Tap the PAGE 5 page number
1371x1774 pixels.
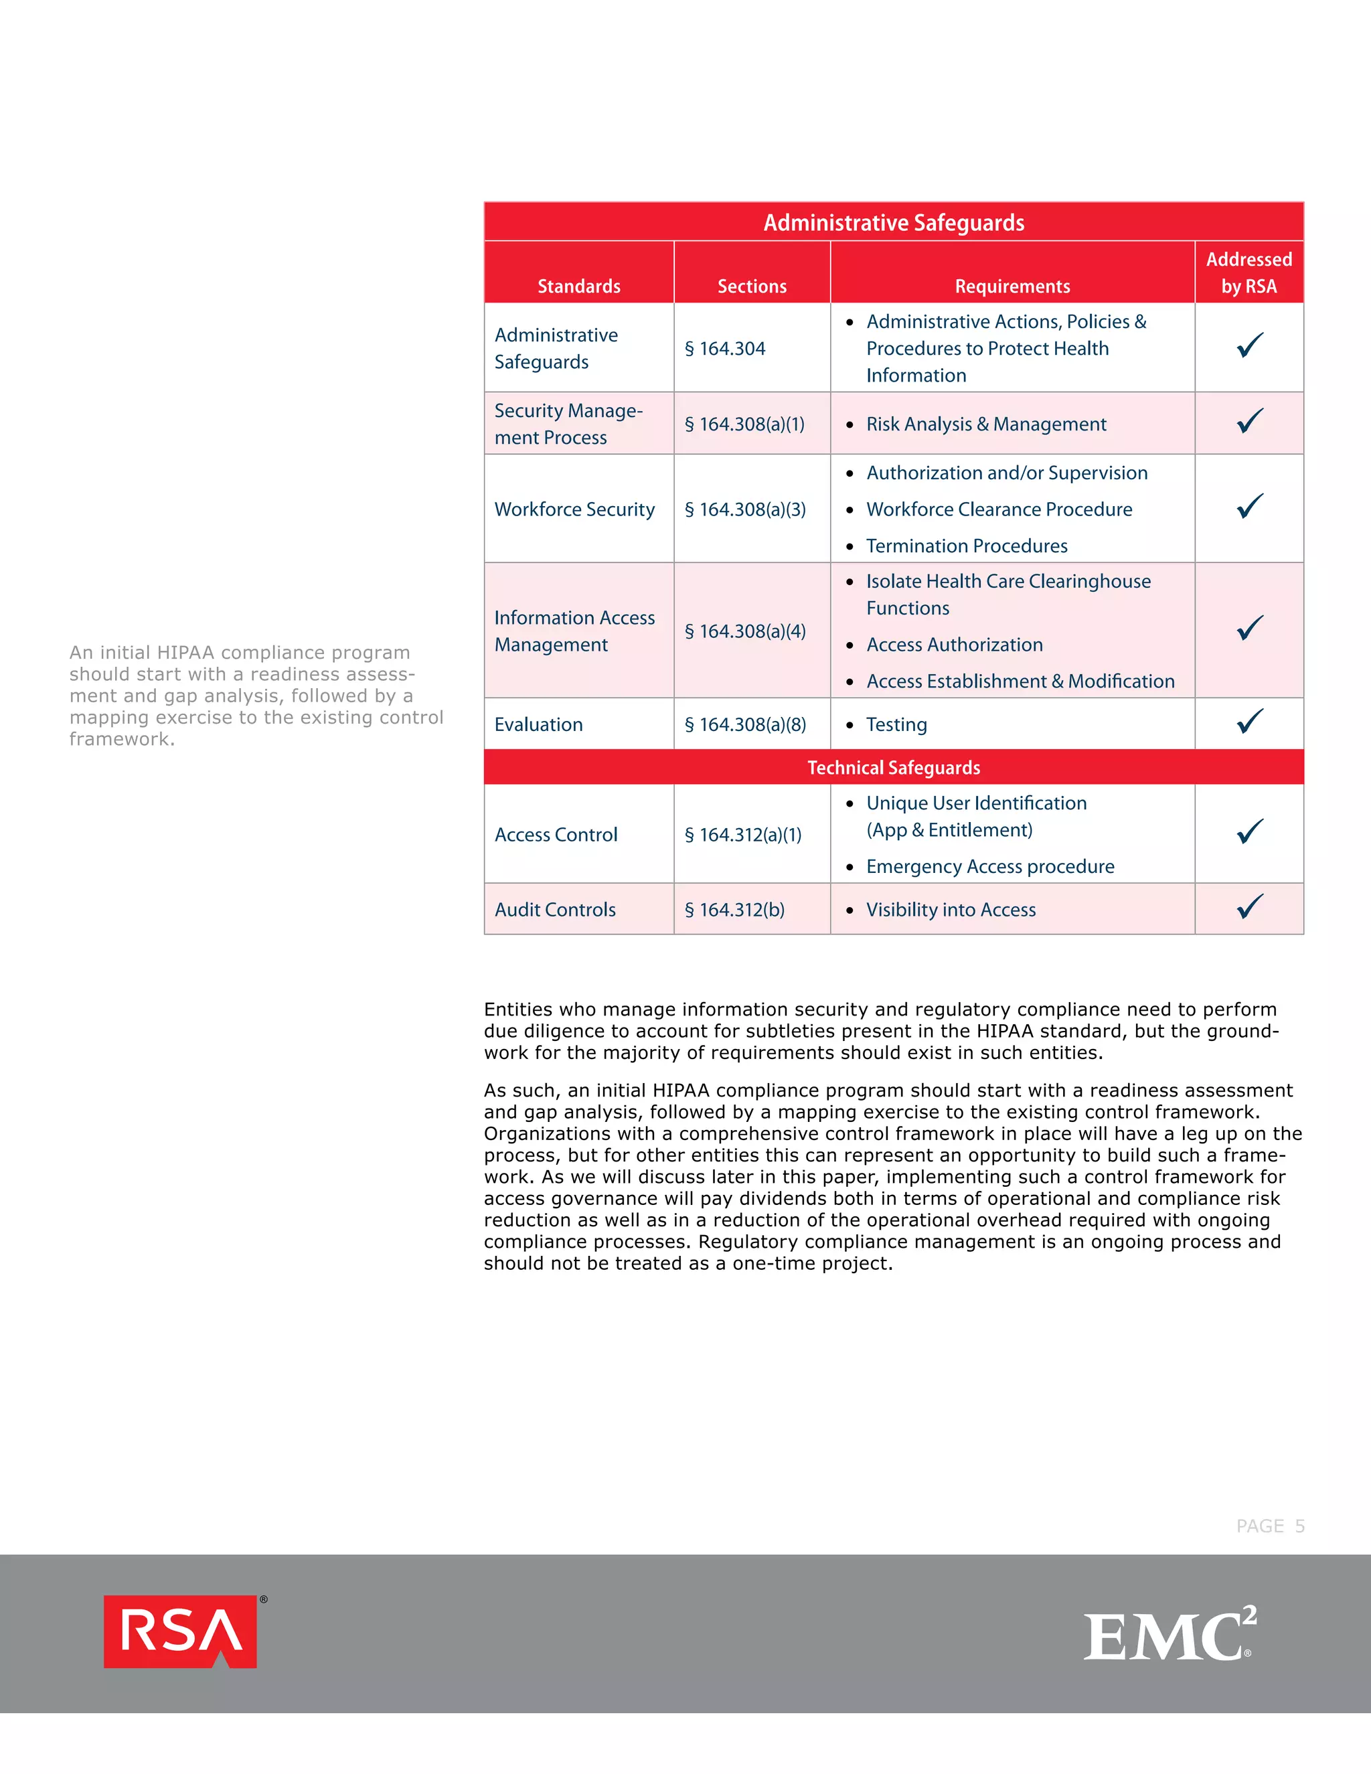tap(1269, 1526)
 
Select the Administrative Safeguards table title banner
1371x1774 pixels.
tap(894, 222)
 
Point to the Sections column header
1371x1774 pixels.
tap(751, 286)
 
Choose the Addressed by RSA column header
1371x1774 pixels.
tap(1248, 273)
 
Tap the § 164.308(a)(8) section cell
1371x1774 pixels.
tap(745, 724)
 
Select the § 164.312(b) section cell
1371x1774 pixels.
tap(734, 910)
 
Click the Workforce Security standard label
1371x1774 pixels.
tap(574, 509)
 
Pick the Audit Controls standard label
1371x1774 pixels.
tap(555, 910)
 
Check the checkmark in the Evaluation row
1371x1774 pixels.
tap(1250, 721)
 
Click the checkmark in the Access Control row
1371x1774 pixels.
tap(1250, 831)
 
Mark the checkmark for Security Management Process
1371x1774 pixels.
tap(1250, 421)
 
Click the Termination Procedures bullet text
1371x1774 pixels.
tap(967, 546)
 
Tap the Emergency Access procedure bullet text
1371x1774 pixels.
tap(990, 867)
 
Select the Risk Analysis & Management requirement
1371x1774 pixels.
tap(986, 424)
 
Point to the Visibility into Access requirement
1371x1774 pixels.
tap(951, 910)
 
